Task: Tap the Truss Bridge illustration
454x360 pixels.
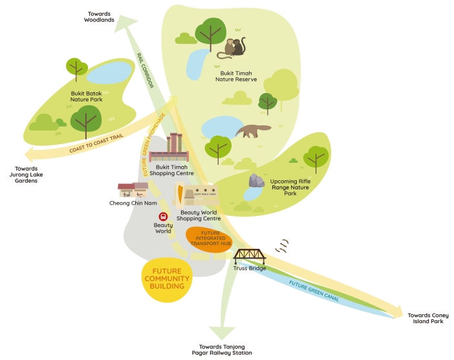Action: (x=249, y=256)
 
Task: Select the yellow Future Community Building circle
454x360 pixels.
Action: (x=168, y=278)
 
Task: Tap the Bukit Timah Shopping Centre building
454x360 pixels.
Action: (x=169, y=149)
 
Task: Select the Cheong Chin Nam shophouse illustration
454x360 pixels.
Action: (x=133, y=189)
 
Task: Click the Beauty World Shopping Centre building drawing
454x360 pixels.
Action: (x=199, y=196)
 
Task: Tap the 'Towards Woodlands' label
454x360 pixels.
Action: (x=99, y=16)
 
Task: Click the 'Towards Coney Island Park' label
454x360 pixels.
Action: (x=425, y=318)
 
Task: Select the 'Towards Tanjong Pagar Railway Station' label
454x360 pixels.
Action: (x=222, y=350)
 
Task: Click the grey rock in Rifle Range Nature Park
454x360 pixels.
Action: (x=257, y=181)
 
